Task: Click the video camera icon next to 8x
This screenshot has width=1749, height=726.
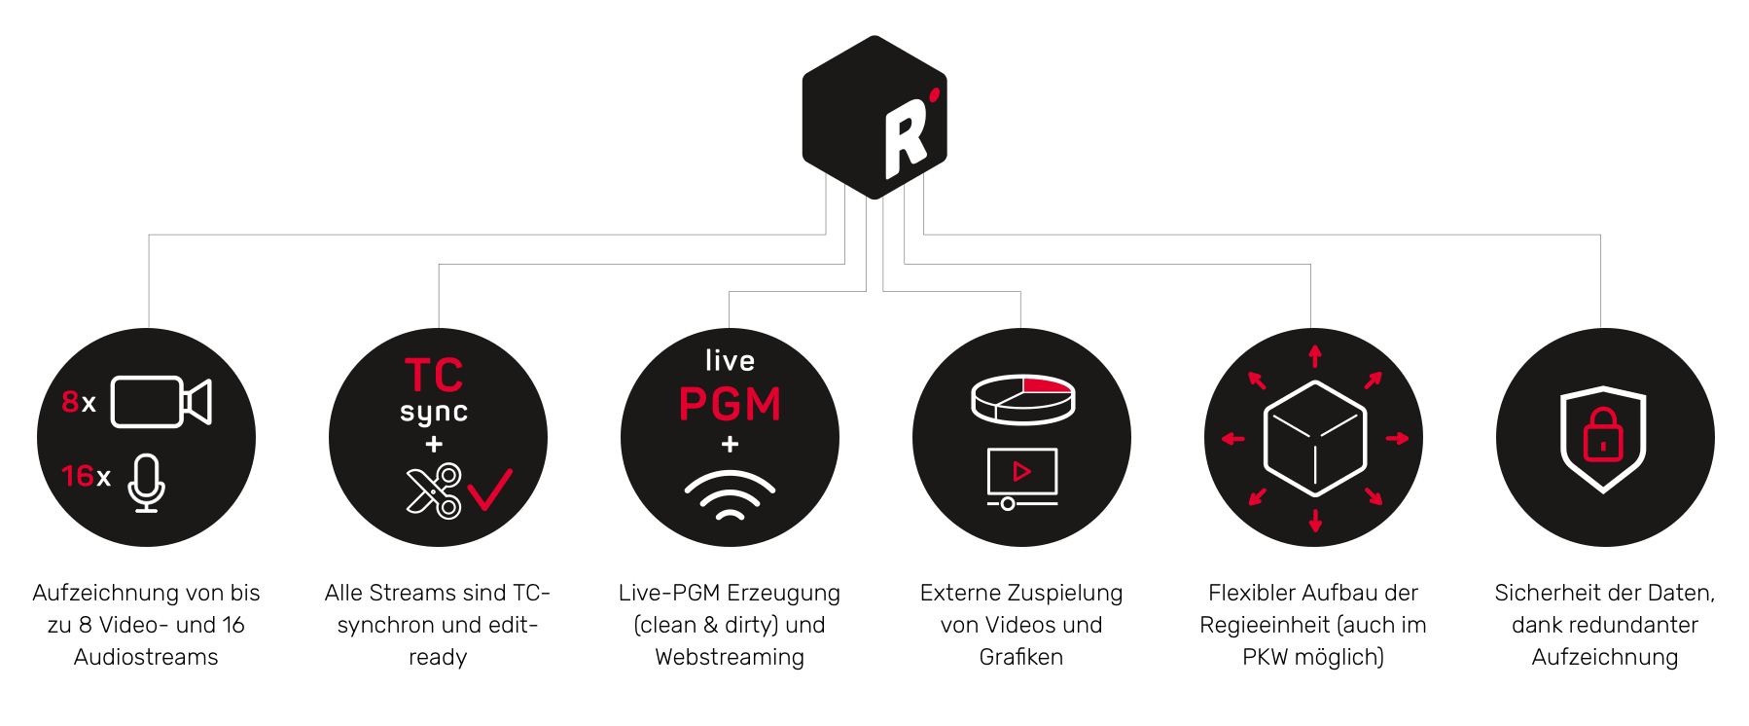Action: [161, 402]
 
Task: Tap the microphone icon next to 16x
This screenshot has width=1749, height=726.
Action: [146, 482]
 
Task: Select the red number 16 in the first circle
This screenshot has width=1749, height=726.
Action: [77, 476]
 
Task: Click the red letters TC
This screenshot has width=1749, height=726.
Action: [434, 376]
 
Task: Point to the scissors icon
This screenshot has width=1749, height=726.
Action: [434, 490]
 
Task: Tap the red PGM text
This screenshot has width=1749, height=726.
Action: [730, 404]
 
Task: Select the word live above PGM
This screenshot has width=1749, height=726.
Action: [730, 361]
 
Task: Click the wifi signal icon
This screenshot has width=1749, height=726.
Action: [730, 495]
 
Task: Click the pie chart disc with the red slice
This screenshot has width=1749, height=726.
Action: [1022, 399]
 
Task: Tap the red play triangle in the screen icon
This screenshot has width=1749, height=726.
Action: [1021, 472]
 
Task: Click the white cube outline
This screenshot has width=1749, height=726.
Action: [1314, 439]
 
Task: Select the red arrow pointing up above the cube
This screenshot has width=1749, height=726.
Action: [1315, 356]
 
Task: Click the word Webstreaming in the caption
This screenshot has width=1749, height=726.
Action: [730, 657]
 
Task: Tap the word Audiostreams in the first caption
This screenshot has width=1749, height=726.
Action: [146, 657]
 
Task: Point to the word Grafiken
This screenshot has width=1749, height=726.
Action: [1020, 657]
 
